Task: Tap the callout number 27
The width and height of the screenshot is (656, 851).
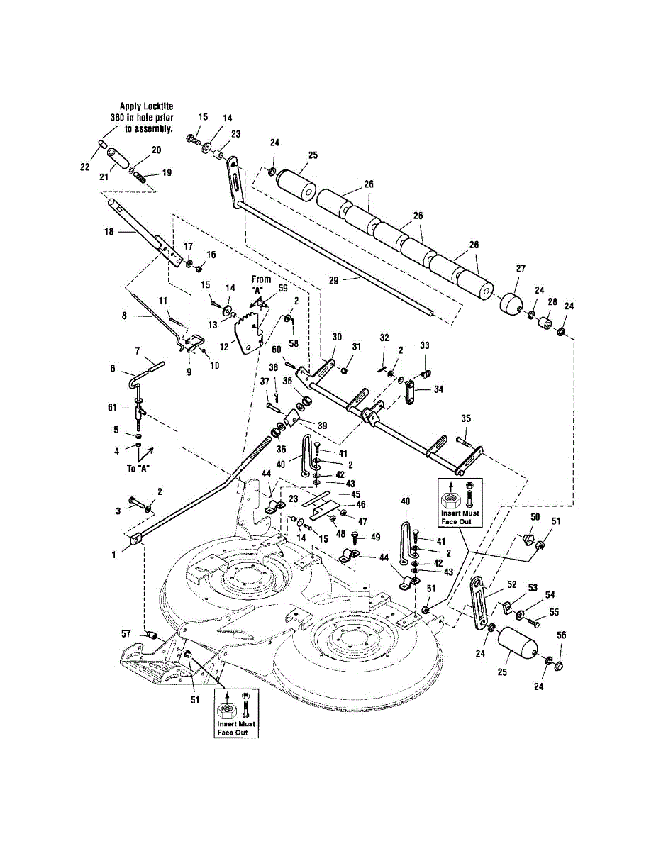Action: click(521, 269)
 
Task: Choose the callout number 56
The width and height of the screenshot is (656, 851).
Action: click(561, 635)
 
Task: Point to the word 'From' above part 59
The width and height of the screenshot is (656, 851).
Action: click(261, 279)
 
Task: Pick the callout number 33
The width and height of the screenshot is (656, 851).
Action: click(425, 345)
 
